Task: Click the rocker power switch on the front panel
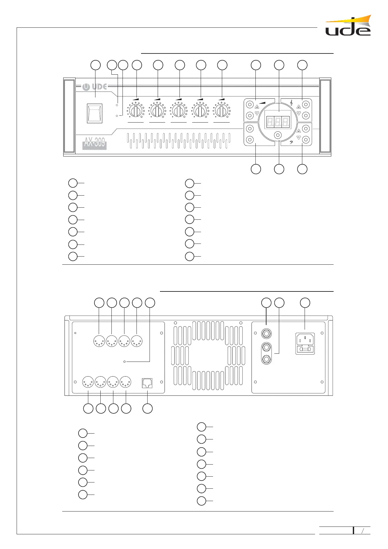pos(94,113)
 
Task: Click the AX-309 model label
pos(94,142)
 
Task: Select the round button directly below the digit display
pos(278,135)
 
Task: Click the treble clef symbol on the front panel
pos(291,103)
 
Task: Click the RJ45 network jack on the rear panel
pos(148,383)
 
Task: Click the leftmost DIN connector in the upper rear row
pos(99,341)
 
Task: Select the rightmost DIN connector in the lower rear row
pos(125,382)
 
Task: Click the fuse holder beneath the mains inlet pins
pos(305,349)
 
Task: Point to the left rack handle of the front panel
pos(69,116)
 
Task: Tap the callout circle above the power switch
pos(95,65)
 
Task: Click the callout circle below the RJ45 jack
pos(148,408)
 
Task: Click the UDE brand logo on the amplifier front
pos(94,87)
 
